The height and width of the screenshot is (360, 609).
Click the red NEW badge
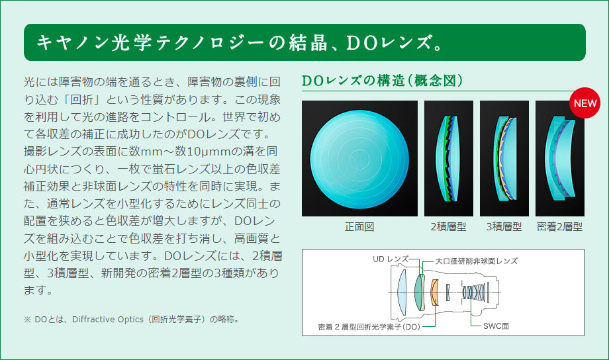585,103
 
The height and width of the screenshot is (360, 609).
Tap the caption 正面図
359,227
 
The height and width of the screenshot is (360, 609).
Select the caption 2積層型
448,227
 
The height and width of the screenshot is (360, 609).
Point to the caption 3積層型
504,227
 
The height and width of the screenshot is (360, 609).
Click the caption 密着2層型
559,227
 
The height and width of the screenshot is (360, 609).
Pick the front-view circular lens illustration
359,158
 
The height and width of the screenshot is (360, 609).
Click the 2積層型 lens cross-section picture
449,158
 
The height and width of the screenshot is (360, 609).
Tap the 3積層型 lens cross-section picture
504,158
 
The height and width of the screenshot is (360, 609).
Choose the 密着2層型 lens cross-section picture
559,158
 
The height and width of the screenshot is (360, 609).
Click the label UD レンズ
391,259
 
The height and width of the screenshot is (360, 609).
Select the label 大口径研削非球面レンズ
476,261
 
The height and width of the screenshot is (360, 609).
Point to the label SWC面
496,326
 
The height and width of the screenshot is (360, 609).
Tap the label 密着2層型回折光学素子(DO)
369,327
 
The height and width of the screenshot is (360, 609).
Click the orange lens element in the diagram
435,292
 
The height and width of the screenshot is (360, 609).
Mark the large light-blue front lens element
402,292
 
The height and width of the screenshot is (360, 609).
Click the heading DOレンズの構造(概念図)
382,81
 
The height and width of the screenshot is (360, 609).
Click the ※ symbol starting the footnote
27,320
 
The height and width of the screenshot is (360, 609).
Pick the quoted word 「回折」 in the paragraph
82,100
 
